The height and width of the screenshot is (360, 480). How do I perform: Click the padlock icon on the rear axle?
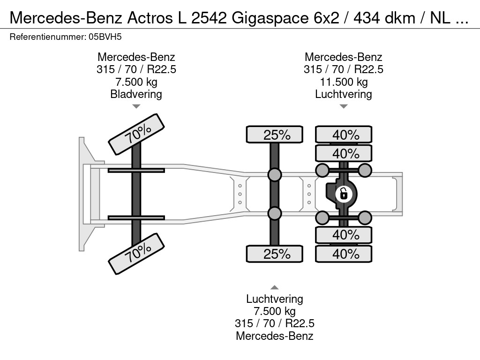click(x=344, y=193)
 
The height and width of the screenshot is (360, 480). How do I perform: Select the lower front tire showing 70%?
click(x=137, y=254)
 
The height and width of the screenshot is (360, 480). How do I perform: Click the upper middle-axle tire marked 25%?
click(x=275, y=135)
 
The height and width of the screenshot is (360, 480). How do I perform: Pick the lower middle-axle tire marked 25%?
click(x=275, y=254)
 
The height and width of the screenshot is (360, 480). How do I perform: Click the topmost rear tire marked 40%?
click(x=344, y=135)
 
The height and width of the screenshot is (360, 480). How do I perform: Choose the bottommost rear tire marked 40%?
click(x=344, y=254)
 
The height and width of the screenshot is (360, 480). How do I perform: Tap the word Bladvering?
click(x=136, y=94)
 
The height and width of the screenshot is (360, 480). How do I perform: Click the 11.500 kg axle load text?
click(x=344, y=82)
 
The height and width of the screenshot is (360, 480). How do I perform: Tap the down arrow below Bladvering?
click(x=136, y=106)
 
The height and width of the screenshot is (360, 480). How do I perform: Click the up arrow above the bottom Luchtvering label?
click(x=275, y=287)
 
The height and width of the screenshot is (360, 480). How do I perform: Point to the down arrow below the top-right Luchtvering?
click(x=344, y=106)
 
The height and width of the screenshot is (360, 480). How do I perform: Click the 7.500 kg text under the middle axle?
click(x=275, y=311)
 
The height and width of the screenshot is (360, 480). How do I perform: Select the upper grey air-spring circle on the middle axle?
click(x=275, y=175)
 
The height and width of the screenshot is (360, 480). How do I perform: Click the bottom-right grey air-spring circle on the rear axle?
click(x=365, y=217)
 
